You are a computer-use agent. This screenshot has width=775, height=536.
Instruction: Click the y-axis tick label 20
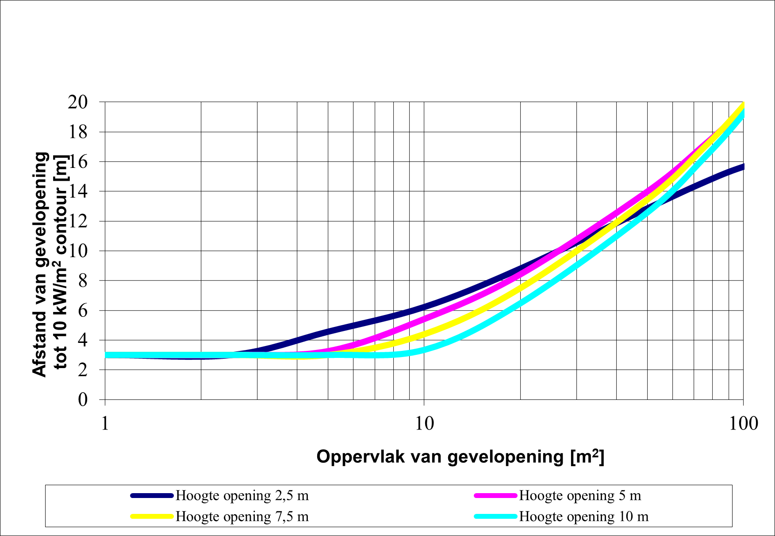pos(78,102)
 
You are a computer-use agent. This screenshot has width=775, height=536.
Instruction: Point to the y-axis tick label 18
pos(78,132)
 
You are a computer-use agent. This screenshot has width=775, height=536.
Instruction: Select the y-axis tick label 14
pos(78,191)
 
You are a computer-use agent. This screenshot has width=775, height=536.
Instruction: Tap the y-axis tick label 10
pos(78,251)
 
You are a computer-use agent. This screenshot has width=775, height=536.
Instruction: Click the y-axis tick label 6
pos(83,311)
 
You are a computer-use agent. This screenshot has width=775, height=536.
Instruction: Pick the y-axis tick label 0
pos(83,400)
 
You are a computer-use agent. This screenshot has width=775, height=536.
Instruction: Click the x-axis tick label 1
pos(105,424)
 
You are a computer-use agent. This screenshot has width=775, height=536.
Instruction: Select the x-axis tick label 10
pos(424,424)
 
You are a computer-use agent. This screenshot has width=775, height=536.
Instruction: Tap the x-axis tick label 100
pos(744,424)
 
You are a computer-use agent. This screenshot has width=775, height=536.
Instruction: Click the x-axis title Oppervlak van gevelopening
pos(460,456)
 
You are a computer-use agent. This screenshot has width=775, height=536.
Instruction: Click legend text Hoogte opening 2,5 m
pos(242,496)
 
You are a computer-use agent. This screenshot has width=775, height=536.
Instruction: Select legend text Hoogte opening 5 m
pos(580,496)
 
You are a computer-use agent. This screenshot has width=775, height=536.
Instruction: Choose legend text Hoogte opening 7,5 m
pos(242,517)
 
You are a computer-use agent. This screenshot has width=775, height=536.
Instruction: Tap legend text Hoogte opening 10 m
pos(583,517)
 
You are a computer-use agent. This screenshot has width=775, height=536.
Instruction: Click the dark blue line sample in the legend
pos(152,496)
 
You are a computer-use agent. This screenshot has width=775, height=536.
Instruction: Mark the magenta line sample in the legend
pos(495,496)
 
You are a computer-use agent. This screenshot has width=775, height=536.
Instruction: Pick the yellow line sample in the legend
pos(152,516)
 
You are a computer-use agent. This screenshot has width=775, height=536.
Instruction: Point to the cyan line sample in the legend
pos(495,516)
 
